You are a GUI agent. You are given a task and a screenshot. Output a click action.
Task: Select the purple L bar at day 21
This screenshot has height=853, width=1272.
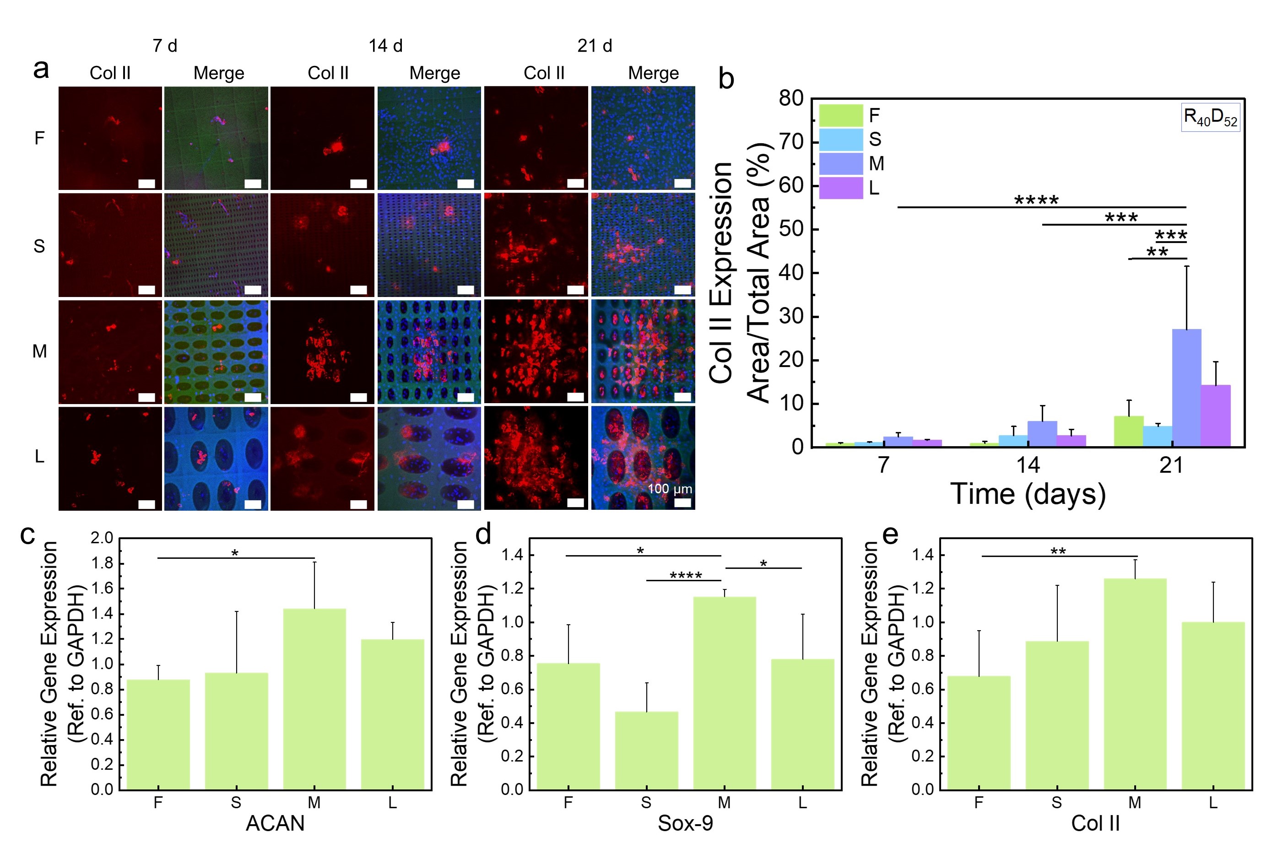tap(1215, 416)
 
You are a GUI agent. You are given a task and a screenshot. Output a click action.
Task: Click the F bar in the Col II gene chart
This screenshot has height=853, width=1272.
tap(978, 732)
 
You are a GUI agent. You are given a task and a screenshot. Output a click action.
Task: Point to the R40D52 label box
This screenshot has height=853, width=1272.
tap(1210, 117)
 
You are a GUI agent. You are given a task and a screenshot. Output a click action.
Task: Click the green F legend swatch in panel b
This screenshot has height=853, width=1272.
tap(840, 115)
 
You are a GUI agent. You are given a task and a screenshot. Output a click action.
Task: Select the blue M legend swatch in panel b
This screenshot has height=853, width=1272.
tap(840, 163)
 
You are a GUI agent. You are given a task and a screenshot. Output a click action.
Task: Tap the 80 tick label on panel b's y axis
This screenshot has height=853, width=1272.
tap(790, 98)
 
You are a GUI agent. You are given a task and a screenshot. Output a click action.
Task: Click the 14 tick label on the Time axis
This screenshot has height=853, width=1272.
tap(1027, 465)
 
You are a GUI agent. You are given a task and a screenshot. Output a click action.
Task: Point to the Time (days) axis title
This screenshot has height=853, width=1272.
tap(1028, 494)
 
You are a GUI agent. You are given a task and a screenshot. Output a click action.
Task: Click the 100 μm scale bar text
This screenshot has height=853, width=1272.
tap(669, 489)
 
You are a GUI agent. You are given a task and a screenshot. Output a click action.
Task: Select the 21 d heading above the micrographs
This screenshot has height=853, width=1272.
tap(594, 46)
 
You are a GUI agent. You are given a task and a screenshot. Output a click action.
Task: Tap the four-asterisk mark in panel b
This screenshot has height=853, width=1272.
tap(1036, 200)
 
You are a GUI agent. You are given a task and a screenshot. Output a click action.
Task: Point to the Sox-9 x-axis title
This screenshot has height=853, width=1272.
tap(685, 823)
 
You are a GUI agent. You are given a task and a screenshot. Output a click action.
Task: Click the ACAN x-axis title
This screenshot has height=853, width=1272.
tap(275, 823)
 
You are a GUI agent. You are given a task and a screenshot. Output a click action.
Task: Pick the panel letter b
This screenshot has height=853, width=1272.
tap(726, 79)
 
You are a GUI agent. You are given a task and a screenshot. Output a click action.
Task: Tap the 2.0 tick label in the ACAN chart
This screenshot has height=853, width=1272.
tap(102, 538)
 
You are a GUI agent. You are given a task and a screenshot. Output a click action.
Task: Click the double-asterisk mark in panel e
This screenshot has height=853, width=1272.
tap(1058, 551)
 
